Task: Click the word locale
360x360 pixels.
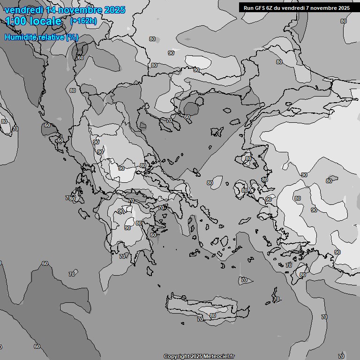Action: point(45,21)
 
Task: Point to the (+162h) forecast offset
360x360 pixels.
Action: point(83,21)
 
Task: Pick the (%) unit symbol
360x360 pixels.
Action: point(72,37)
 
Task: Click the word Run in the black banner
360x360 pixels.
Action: point(248,7)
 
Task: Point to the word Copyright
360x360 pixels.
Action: point(176,357)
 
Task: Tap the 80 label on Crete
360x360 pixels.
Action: point(213,315)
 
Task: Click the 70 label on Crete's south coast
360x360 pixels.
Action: point(200,319)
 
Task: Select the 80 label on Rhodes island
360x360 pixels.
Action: point(302,275)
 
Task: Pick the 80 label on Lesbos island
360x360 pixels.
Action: point(248,159)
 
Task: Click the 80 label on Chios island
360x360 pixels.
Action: point(244,190)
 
